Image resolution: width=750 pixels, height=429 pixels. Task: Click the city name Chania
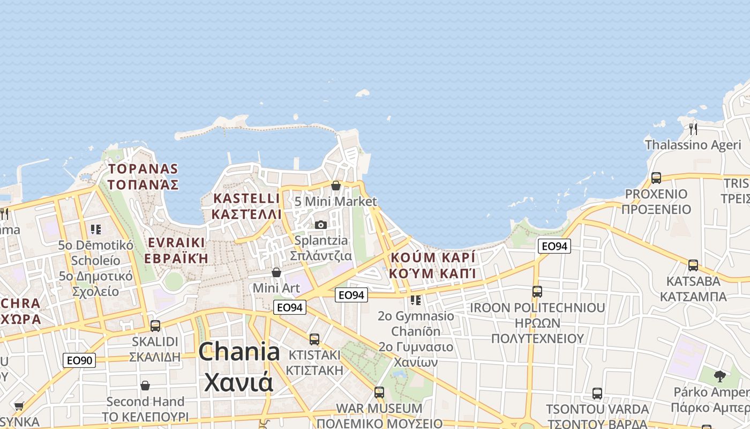click(x=239, y=352)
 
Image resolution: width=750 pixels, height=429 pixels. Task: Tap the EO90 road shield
click(x=79, y=360)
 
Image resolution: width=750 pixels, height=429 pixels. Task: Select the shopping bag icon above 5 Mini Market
click(x=336, y=186)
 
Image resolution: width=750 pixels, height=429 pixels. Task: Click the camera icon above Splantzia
click(x=321, y=225)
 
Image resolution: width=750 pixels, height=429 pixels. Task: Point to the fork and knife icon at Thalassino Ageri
click(x=693, y=129)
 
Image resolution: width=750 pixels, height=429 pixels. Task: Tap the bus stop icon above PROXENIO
click(x=656, y=178)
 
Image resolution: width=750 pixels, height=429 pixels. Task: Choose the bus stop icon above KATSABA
click(x=693, y=265)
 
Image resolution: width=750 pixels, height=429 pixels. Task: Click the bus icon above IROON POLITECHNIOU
click(x=537, y=292)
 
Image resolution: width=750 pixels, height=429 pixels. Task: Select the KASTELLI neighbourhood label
click(x=246, y=198)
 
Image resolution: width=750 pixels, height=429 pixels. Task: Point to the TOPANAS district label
click(x=143, y=169)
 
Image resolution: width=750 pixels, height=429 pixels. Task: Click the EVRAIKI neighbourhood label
click(x=176, y=242)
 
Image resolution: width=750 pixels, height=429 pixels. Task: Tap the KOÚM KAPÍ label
click(x=433, y=257)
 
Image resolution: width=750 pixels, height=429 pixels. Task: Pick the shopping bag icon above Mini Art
click(x=276, y=272)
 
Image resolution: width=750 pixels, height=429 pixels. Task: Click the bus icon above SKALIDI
click(x=155, y=326)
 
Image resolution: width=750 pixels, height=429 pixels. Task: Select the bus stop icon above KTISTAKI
click(x=314, y=339)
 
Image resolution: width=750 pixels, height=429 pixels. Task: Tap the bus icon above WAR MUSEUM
click(x=379, y=392)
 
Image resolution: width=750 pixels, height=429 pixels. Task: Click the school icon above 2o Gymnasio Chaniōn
click(x=416, y=300)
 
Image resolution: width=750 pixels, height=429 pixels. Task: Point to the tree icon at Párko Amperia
click(x=720, y=376)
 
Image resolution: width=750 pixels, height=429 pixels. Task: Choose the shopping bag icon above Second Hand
click(x=145, y=386)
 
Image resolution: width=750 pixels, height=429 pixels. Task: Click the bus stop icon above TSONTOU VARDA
click(x=597, y=394)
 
